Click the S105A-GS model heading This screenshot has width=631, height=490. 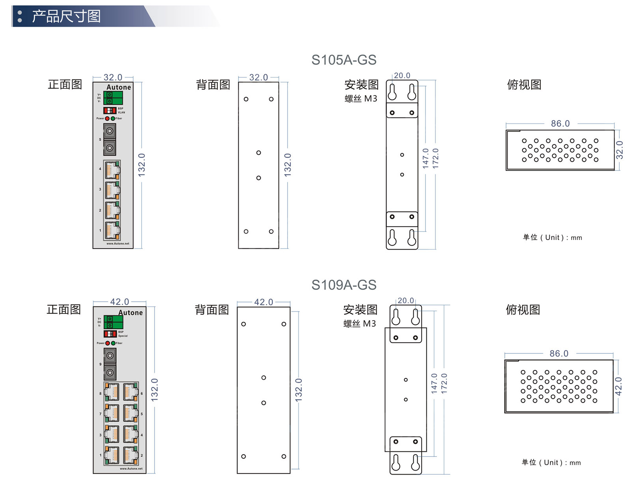pyautogui.click(x=344, y=60)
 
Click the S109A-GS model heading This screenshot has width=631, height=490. pyautogui.click(x=344, y=285)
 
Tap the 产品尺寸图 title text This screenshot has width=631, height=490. pyautogui.click(x=66, y=16)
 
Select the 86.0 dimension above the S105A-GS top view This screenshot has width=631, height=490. pyautogui.click(x=560, y=124)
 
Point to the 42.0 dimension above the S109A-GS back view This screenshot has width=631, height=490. pyautogui.click(x=263, y=302)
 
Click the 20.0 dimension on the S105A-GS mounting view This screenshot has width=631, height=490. pyautogui.click(x=402, y=75)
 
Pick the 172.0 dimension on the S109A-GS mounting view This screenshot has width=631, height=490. pyautogui.click(x=444, y=383)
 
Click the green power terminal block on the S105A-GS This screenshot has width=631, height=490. pyautogui.click(x=113, y=98)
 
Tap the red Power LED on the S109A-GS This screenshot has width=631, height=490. pyautogui.click(x=108, y=343)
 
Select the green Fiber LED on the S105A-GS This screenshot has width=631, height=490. pyautogui.click(x=113, y=118)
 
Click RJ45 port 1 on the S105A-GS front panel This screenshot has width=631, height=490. pyautogui.click(x=112, y=230)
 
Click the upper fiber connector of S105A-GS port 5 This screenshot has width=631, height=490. pyautogui.click(x=110, y=131)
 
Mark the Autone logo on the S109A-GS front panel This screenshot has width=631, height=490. pyautogui.click(x=131, y=312)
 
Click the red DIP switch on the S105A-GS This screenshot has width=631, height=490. pyautogui.click(x=110, y=110)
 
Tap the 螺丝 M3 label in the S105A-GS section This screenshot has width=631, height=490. pyautogui.click(x=360, y=98)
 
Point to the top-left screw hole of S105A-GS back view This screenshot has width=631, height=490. pyautogui.click(x=246, y=99)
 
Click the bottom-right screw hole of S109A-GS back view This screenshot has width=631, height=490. pyautogui.click(x=284, y=456)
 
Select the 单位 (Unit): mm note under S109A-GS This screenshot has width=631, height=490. pyautogui.click(x=551, y=462)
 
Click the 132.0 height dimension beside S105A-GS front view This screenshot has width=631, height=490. pyautogui.click(x=142, y=164)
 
